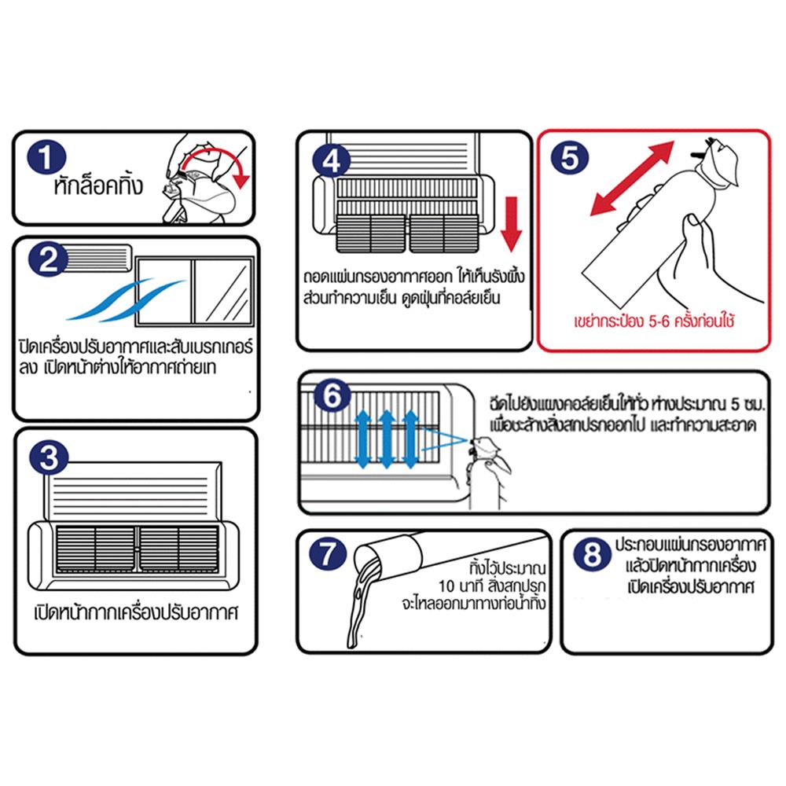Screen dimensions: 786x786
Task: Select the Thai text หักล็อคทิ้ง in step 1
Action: [x=99, y=189]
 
